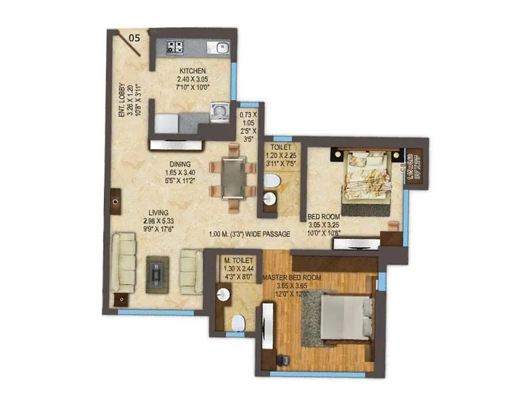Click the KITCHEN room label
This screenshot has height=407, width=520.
pyautogui.click(x=192, y=71)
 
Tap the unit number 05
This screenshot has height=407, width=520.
pyautogui.click(x=134, y=38)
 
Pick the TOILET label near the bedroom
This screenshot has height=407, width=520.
pyautogui.click(x=281, y=146)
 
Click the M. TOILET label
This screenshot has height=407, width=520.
pyautogui.click(x=239, y=260)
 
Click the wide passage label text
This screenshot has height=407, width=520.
pyautogui.click(x=250, y=234)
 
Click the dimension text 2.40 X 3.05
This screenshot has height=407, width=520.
pyautogui.click(x=192, y=79)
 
